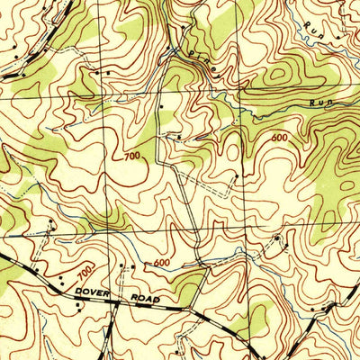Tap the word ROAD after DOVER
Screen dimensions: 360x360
[143, 298]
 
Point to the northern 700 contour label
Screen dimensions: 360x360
[133, 158]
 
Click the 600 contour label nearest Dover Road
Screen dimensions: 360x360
[162, 263]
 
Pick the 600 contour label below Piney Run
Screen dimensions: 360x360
[280, 138]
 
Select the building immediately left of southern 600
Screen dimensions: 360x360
[127, 268]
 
